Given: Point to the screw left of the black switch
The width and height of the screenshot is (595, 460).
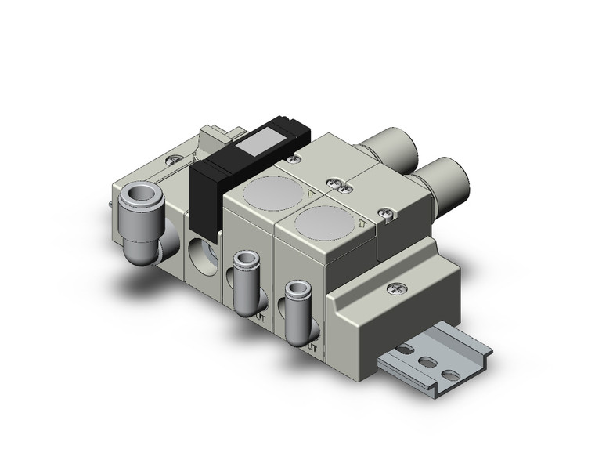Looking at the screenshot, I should (175, 160).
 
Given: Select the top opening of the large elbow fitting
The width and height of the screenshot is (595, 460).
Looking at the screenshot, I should (146, 194).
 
